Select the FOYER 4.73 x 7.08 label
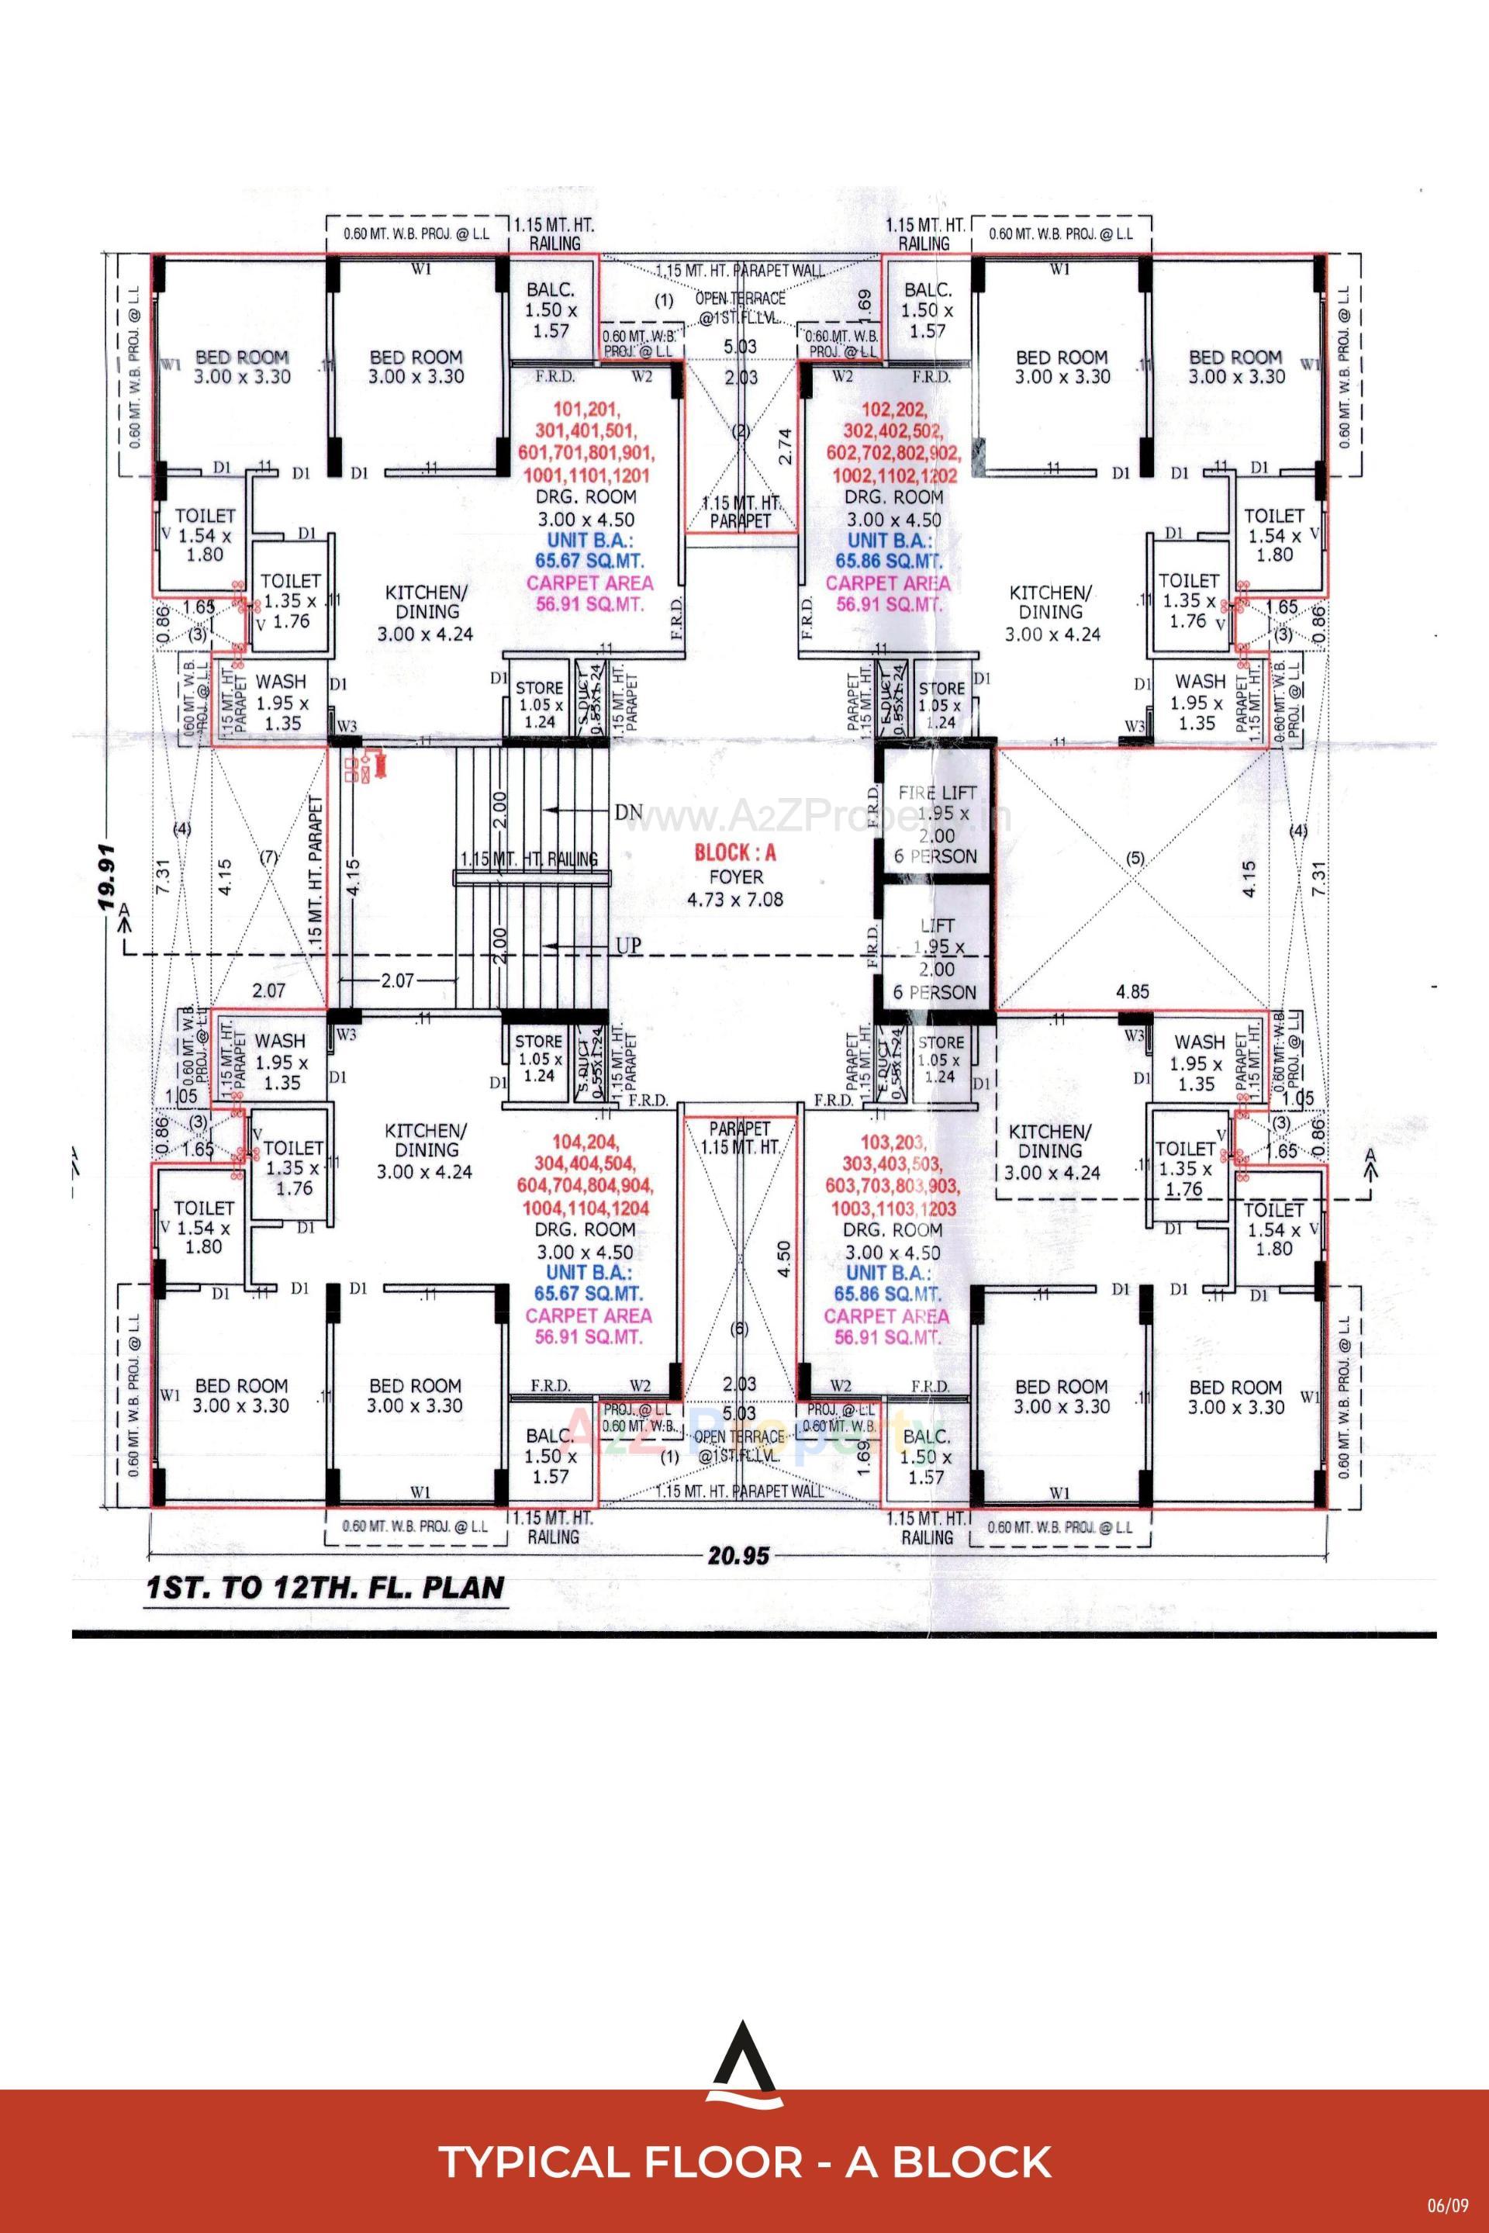click(x=735, y=888)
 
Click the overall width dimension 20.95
click(x=736, y=1555)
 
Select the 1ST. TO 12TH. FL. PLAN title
click(x=324, y=1589)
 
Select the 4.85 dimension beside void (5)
click(x=1132, y=991)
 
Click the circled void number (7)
click(x=269, y=857)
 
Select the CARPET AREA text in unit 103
click(x=886, y=1316)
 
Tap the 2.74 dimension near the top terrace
click(x=784, y=444)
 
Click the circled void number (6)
click(x=740, y=1329)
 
